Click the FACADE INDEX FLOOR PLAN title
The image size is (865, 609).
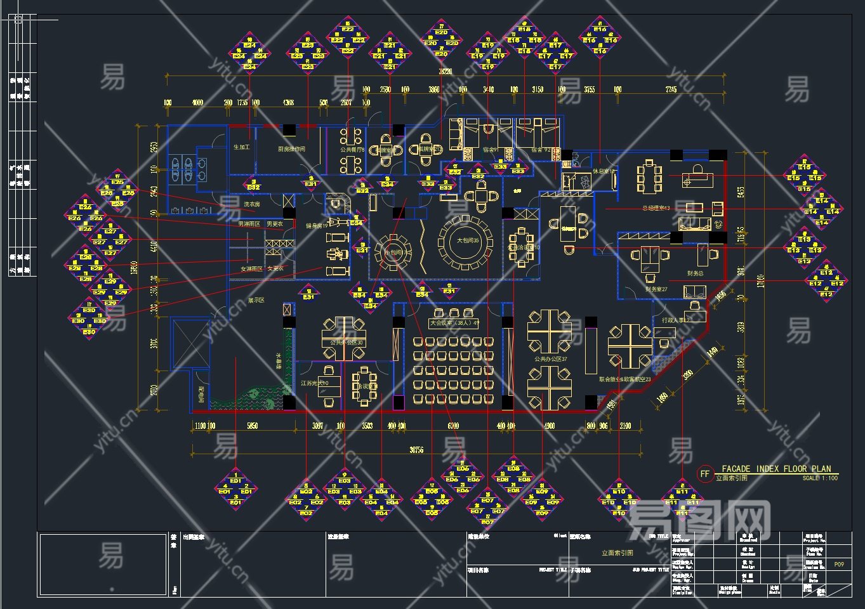tap(776, 469)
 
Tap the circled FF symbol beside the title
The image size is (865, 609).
tap(704, 474)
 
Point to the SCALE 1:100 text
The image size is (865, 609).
tap(820, 478)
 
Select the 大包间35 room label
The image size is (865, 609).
tap(467, 241)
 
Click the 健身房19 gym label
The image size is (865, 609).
tap(316, 226)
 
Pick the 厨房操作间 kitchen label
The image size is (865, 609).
tap(292, 149)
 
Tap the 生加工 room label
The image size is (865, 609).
tap(242, 147)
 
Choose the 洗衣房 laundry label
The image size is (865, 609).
tap(252, 204)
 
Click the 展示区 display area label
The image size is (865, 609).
tap(256, 300)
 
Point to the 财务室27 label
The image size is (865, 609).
tap(656, 289)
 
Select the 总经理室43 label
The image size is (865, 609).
tap(656, 208)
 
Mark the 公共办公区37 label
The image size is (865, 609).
tap(550, 359)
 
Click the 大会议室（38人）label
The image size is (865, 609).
tap(454, 323)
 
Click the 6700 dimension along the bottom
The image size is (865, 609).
tap(452, 426)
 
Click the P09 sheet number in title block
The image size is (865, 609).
tap(839, 564)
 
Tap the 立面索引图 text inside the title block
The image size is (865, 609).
tap(617, 553)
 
